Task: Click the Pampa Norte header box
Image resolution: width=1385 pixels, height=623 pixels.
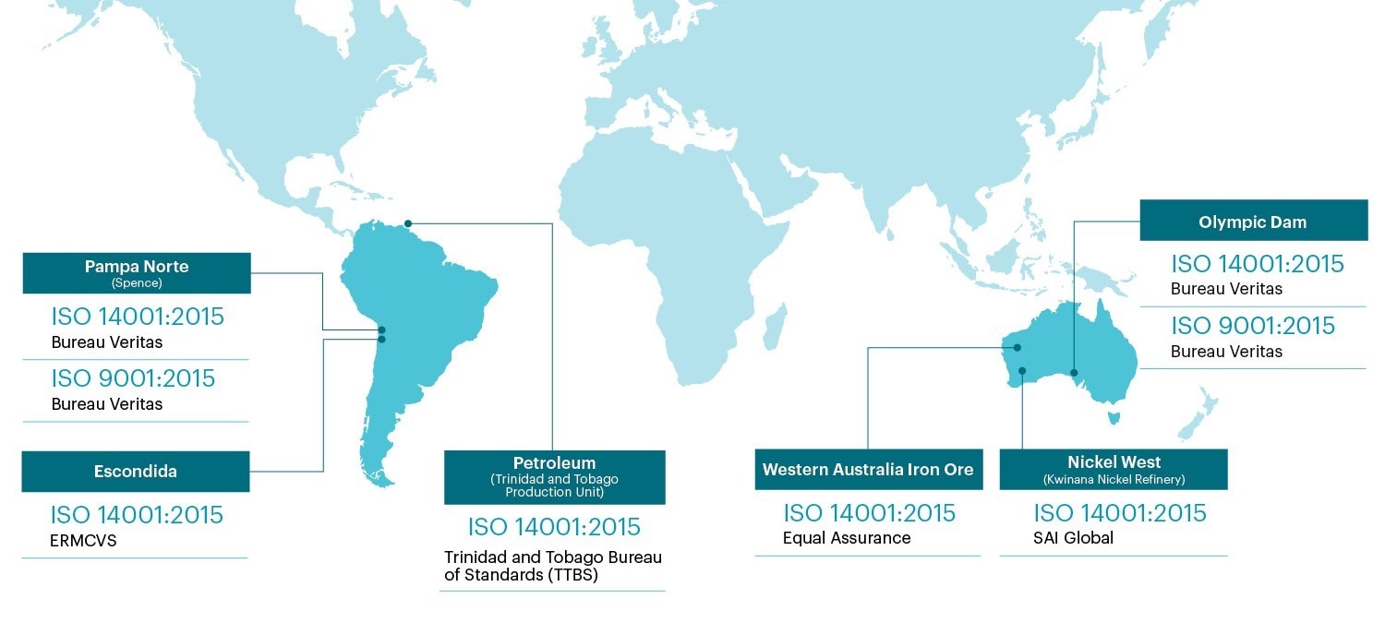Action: [137, 273]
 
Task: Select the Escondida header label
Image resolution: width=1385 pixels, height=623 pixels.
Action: [136, 472]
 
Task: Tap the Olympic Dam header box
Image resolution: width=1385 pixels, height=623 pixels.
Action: [1253, 222]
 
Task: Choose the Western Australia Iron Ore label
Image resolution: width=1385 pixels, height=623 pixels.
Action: [868, 470]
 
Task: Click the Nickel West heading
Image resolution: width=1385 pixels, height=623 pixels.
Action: [1114, 462]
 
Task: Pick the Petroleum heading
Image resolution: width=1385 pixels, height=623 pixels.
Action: [554, 462]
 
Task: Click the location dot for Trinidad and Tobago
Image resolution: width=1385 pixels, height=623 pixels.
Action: [407, 222]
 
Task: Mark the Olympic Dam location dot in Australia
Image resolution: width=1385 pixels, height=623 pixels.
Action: [1074, 373]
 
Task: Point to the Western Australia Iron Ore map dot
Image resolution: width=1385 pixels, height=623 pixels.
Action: [1017, 348]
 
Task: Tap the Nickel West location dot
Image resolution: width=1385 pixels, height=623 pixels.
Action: [1023, 371]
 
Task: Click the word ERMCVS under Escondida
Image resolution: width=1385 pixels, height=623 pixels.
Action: [84, 541]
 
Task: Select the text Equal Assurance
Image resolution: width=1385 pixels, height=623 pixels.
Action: [847, 538]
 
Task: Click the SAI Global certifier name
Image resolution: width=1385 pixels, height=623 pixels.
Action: [1074, 538]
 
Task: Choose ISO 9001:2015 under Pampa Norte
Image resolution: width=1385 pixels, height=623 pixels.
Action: [133, 378]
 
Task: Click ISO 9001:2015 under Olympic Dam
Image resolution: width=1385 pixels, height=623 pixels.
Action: [1253, 326]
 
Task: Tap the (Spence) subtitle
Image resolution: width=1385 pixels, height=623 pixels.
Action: [137, 282]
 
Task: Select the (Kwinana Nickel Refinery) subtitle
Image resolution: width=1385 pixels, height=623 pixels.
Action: [1114, 479]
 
